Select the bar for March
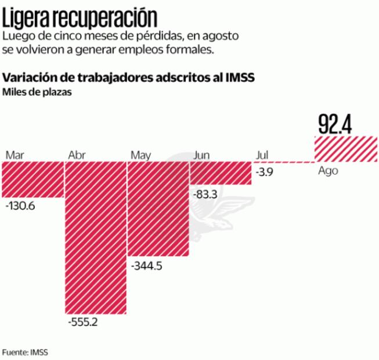point(32,179)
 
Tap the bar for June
point(221,173)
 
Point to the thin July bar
point(282,162)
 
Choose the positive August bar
point(346,149)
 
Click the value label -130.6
point(20,206)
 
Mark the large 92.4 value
point(335,124)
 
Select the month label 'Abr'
point(77,155)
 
